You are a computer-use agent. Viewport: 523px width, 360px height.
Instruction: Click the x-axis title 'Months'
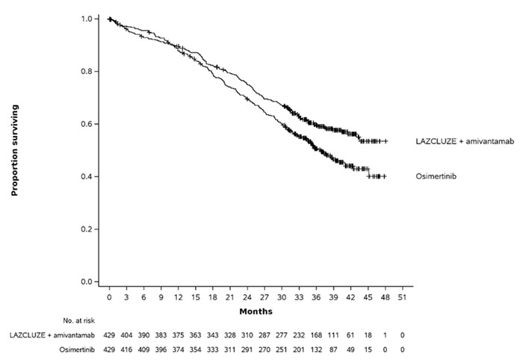click(x=256, y=311)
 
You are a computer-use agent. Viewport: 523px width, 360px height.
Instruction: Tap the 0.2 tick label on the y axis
click(x=90, y=229)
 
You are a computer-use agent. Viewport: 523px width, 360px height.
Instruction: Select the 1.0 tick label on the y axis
click(x=90, y=19)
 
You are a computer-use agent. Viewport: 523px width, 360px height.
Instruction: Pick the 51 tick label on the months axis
click(x=403, y=297)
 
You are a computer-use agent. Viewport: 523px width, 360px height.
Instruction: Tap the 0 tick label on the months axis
click(x=109, y=297)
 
